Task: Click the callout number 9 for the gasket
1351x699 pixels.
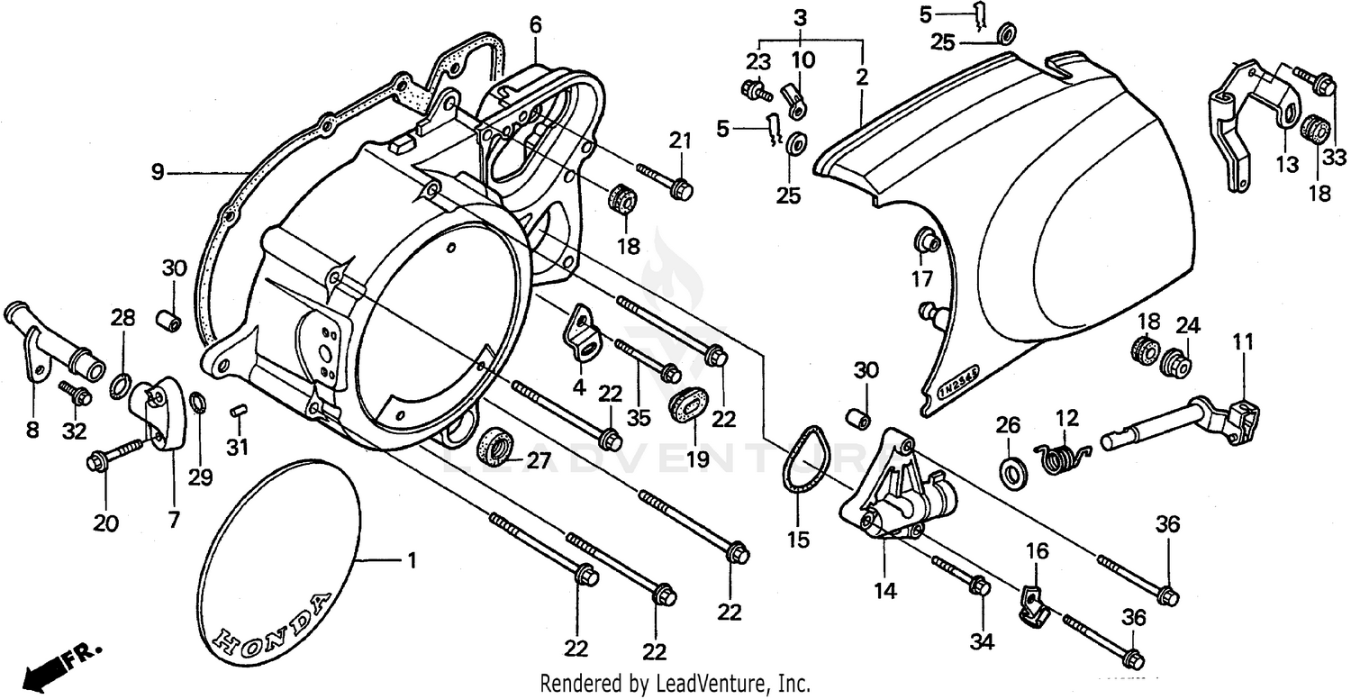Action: click(158, 171)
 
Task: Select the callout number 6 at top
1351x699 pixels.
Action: click(536, 25)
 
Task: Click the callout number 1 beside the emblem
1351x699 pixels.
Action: click(412, 561)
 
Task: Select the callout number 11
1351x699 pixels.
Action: click(1243, 342)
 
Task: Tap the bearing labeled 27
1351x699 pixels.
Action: click(494, 445)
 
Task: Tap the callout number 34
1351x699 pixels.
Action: click(981, 641)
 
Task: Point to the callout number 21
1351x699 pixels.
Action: click(680, 141)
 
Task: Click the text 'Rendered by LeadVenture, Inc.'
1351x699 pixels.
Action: click(675, 683)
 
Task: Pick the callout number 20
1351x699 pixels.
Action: click(105, 522)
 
